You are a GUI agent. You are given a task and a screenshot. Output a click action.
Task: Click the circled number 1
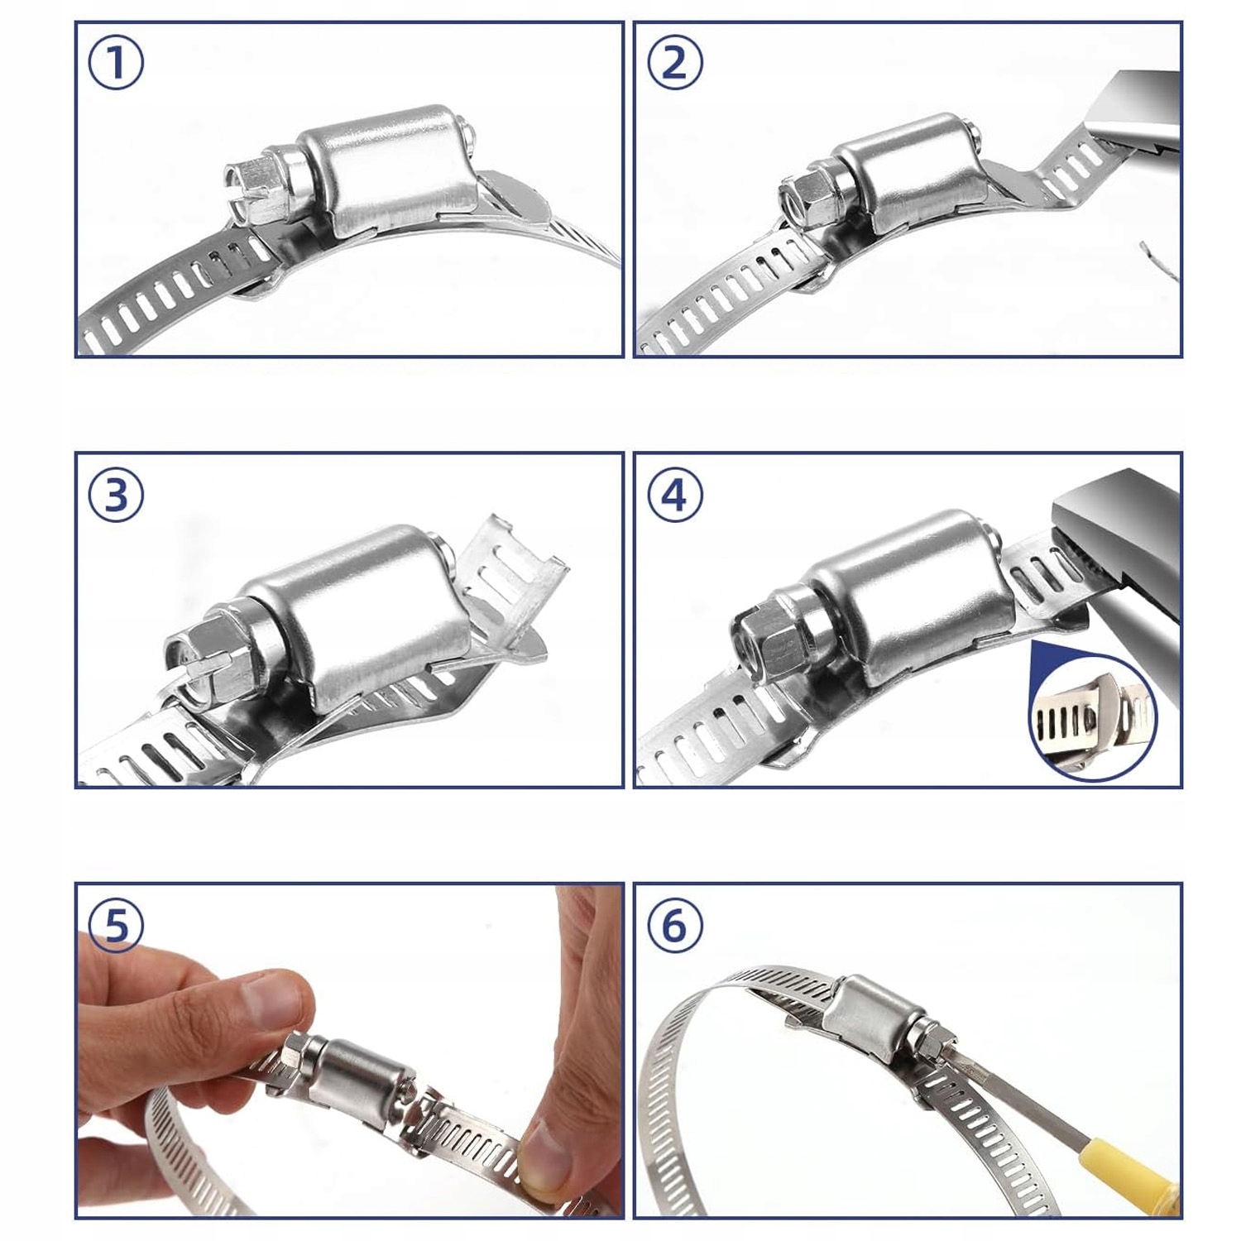116,64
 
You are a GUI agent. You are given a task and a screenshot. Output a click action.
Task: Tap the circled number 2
675,64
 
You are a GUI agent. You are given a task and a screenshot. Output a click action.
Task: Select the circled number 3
116,495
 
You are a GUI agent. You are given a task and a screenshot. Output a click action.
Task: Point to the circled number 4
675,495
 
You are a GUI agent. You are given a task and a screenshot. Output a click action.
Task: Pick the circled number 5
116,925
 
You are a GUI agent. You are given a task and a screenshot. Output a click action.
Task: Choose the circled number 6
675,925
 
